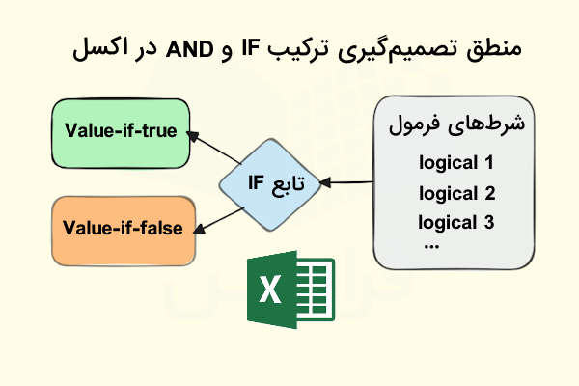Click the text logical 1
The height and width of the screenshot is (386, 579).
pyautogui.click(x=456, y=161)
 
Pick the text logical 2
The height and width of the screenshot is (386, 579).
pyautogui.click(x=456, y=192)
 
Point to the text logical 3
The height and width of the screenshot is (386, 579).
pyautogui.click(x=456, y=223)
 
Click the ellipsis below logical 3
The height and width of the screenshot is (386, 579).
pyautogui.click(x=431, y=245)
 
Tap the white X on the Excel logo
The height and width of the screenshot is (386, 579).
pyautogui.click(x=270, y=290)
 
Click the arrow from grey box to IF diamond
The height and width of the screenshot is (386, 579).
pyautogui.click(x=349, y=180)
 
